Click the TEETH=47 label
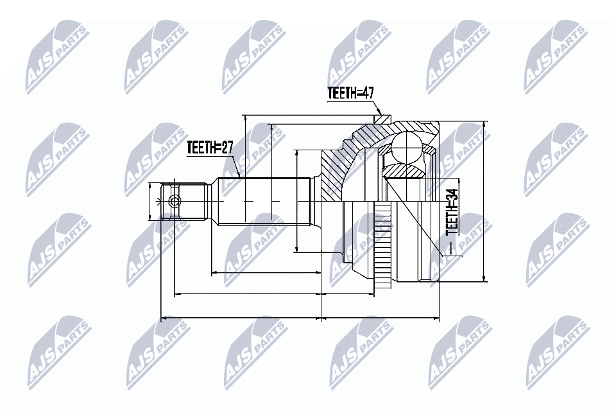[350, 93]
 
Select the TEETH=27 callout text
[209, 147]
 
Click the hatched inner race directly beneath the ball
[404, 171]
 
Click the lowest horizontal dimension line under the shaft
[240, 317]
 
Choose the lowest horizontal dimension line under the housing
[381, 317]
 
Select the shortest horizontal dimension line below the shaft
[266, 273]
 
